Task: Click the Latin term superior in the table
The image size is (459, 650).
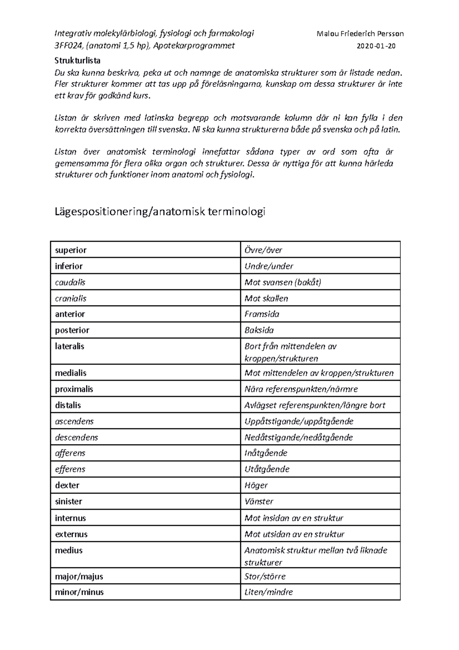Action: (71, 250)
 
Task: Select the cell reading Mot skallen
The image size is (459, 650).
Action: (266, 299)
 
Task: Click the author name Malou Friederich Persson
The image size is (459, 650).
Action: (360, 34)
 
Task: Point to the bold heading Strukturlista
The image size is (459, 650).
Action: (78, 60)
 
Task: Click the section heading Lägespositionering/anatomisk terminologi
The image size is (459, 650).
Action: (160, 212)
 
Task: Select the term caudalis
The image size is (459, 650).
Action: (70, 283)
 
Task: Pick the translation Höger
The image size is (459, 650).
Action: (256, 485)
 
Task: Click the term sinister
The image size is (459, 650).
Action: (68, 501)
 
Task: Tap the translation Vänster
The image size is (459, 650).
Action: (259, 501)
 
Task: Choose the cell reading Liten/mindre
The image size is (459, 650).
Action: (269, 592)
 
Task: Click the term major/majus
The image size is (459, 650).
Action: (79, 577)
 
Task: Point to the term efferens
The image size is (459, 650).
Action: (70, 469)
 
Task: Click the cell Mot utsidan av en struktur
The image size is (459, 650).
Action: (295, 534)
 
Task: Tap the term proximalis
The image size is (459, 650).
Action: (74, 389)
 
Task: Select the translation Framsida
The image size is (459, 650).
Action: (262, 314)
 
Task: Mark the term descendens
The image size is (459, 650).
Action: (76, 438)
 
